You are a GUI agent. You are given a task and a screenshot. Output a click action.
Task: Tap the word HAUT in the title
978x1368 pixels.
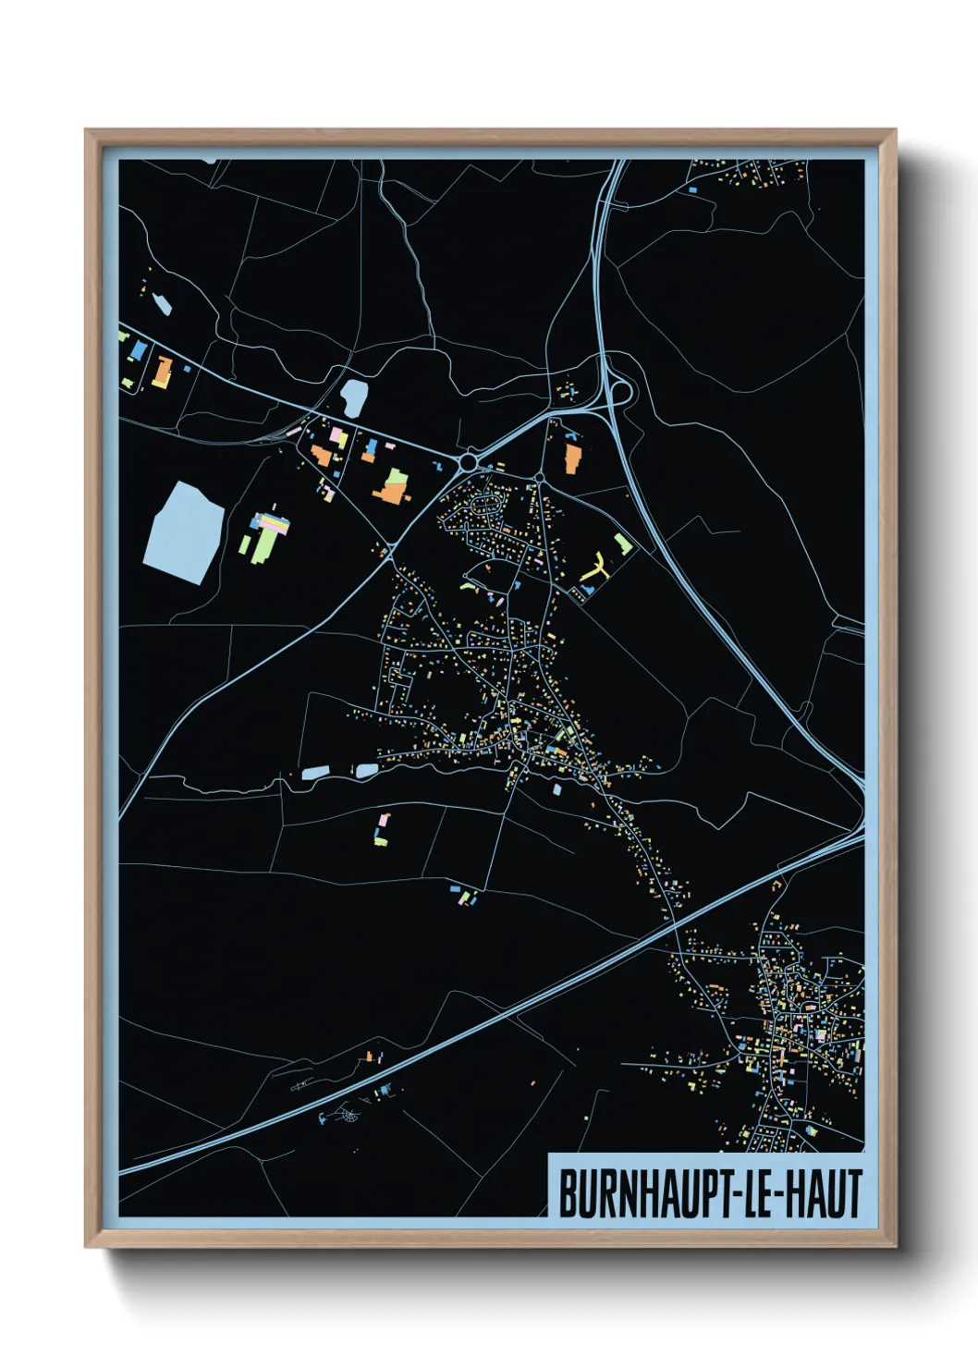[825, 1193]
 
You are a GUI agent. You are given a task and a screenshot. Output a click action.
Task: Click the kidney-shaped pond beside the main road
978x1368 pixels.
[353, 397]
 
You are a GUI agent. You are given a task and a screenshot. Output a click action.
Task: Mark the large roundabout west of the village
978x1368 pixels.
[469, 460]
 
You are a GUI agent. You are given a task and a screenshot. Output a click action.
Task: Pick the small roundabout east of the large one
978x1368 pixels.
[539, 478]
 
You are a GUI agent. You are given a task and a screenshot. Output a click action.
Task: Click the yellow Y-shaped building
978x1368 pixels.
[595, 567]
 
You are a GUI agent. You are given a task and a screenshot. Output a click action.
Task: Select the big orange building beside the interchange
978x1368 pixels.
[573, 458]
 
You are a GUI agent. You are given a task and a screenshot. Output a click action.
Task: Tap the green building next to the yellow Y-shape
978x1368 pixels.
[622, 543]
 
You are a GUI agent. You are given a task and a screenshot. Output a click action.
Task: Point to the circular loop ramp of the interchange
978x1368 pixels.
[620, 392]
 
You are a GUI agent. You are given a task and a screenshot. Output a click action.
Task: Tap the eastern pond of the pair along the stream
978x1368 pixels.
[367, 770]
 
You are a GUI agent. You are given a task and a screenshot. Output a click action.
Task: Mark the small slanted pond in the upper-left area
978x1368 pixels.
[161, 304]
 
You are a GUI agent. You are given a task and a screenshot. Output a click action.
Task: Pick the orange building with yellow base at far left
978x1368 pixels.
[164, 373]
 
